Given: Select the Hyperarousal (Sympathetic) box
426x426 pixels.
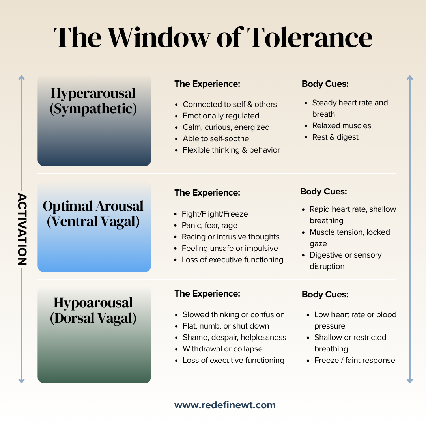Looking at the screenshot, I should (94, 120).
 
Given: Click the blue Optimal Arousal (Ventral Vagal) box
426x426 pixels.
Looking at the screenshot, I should (94, 227).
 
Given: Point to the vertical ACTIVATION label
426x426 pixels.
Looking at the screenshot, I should (22, 229).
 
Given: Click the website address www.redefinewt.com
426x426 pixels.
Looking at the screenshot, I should (225, 405).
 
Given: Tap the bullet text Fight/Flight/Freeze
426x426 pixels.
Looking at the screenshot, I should (215, 214).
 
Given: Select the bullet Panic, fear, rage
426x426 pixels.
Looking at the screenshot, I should (209, 226).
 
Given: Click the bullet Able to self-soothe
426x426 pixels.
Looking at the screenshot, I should (216, 139).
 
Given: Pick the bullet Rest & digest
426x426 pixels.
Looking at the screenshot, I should (335, 137).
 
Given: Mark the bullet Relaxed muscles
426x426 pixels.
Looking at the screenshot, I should (342, 126).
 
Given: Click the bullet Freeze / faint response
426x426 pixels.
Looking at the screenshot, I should (355, 361).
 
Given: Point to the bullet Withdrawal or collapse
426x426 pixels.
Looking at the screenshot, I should (222, 349).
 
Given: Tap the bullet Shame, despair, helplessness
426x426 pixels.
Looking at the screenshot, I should (234, 338).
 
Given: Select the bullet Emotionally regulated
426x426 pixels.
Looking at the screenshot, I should (221, 116).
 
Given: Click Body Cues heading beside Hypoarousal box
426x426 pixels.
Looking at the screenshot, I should (325, 295).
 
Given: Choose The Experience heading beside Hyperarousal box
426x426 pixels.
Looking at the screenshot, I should (207, 84).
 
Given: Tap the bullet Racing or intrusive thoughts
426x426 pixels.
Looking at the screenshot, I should (230, 237).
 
